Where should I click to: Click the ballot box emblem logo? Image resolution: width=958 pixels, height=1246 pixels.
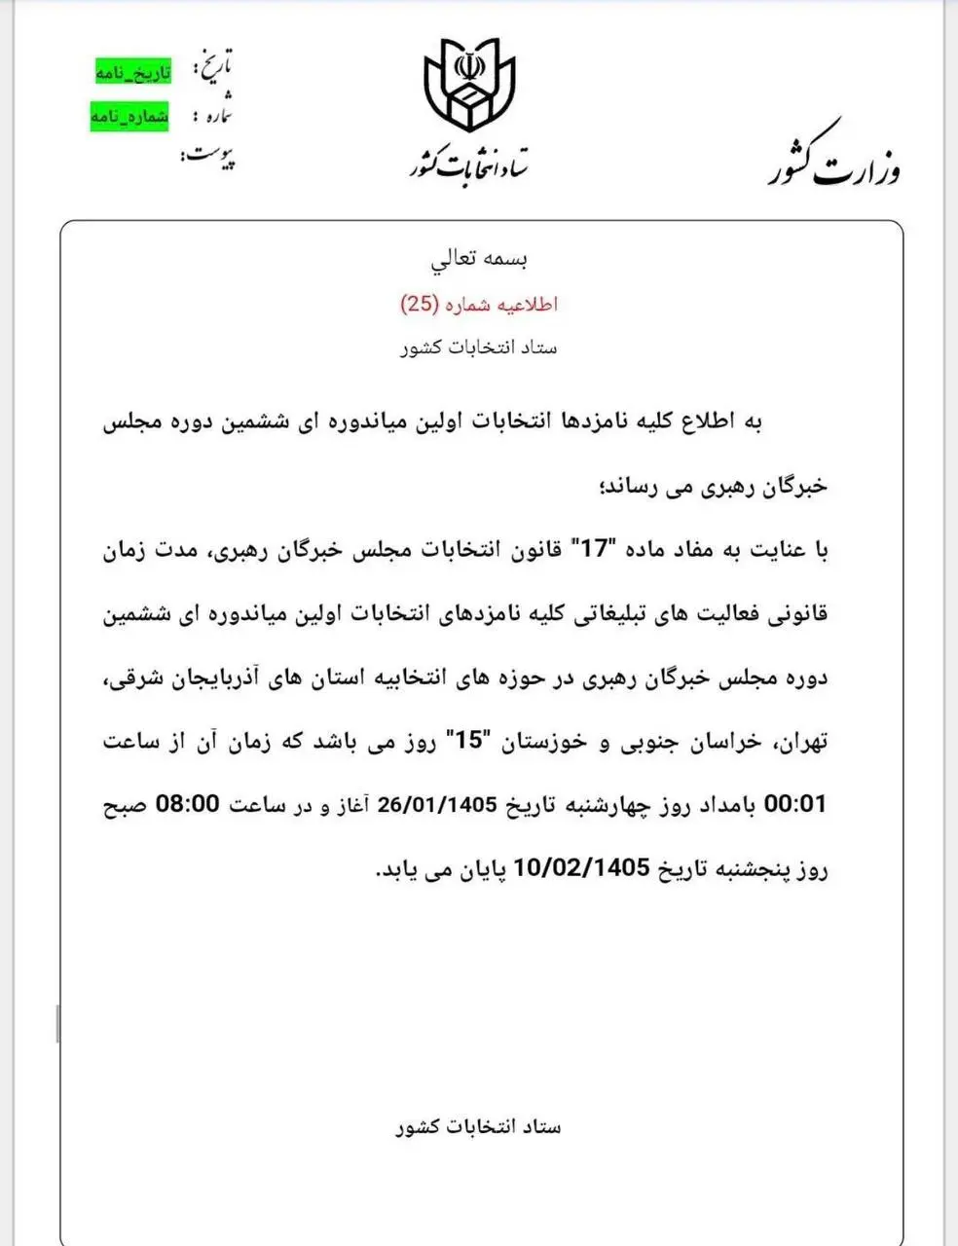pos(469,89)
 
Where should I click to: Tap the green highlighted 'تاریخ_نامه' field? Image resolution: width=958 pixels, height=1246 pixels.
pos(132,73)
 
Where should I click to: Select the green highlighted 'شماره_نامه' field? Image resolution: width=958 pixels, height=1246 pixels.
pos(129,117)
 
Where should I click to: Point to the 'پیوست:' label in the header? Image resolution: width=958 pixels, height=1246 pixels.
pos(208,156)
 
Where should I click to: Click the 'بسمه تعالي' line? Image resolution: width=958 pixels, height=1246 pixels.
pos(479,260)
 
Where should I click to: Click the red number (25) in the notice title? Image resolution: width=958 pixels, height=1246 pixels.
pos(420,304)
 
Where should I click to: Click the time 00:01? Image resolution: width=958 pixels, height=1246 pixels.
pos(795,805)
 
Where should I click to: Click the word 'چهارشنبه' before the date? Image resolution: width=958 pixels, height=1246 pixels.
pos(608,805)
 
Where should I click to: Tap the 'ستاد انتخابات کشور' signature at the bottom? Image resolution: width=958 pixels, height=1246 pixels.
pos(478,1126)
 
